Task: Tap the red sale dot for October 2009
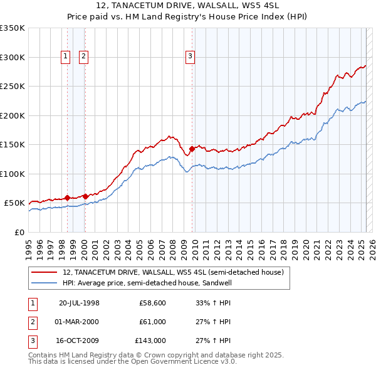pos(192,149)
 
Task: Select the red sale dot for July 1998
pos(67,198)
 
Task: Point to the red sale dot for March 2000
pos(85,196)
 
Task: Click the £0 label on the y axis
pos(19,232)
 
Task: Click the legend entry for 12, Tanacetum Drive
pos(173,272)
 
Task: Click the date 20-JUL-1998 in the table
pos(79,303)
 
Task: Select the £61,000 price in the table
pos(152,322)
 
